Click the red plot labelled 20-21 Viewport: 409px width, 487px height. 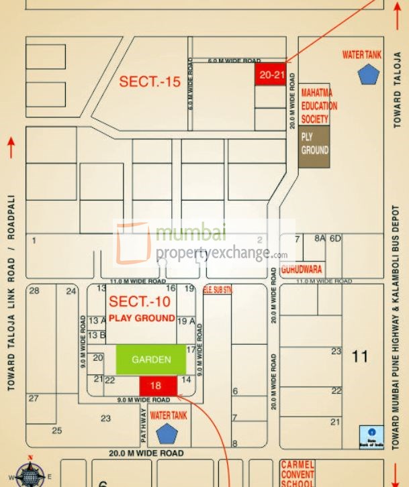pos(271,74)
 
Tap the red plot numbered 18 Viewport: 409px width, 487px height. pos(158,385)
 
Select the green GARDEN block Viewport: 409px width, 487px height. pos(151,360)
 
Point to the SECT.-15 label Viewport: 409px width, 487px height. pos(150,83)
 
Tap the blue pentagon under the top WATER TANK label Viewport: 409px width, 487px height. pos(369,74)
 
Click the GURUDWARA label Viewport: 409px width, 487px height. pos(302,269)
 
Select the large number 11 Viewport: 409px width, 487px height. pos(360,356)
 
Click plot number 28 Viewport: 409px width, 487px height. pos(34,290)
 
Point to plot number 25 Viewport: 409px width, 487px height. pos(57,431)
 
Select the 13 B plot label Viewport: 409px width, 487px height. pos(97,335)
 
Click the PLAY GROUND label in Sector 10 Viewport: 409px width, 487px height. pos(142,317)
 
